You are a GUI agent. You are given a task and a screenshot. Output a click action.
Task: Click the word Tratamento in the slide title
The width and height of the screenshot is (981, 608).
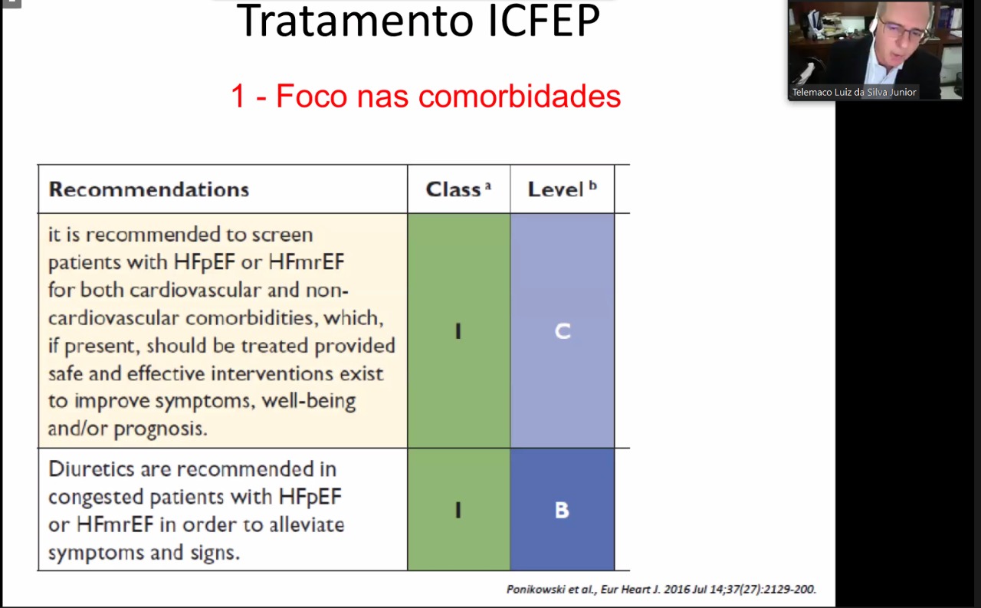pos(355,21)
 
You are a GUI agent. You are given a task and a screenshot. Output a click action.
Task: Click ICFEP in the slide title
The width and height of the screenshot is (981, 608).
pos(543,21)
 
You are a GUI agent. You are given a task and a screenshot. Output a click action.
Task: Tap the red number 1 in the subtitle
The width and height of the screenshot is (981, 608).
pos(238,96)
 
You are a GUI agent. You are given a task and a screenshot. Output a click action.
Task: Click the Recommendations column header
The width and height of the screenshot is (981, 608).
pos(149,189)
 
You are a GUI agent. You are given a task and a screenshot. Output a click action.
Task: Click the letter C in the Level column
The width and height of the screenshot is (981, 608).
pos(563,331)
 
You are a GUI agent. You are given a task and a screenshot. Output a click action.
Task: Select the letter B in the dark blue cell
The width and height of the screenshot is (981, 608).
pos(562,511)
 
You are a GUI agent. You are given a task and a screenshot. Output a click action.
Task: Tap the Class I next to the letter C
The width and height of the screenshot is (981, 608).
pos(458,331)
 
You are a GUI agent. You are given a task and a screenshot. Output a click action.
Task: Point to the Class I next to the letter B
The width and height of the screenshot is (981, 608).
pos(458,511)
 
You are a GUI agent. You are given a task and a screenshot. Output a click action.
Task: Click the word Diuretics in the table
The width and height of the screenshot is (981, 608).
pos(91,469)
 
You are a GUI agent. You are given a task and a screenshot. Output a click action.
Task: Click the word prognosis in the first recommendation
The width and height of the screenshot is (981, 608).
pos(160,429)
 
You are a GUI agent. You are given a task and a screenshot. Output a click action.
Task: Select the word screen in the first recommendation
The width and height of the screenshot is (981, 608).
pos(283,235)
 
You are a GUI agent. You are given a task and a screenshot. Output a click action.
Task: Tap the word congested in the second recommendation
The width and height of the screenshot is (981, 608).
pos(96,498)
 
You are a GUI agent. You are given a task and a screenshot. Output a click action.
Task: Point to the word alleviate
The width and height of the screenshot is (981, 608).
pos(307,524)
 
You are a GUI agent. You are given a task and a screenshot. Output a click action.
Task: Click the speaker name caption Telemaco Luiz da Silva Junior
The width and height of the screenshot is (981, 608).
pos(854,93)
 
